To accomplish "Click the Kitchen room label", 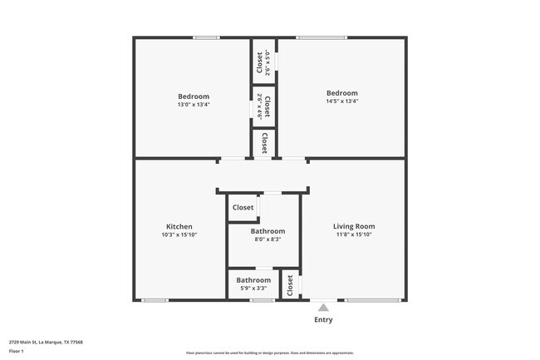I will (179, 226).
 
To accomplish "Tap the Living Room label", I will (354, 226).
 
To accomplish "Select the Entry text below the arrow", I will (323, 319).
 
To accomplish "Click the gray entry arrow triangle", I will (323, 307).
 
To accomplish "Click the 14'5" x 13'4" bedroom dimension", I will (341, 101).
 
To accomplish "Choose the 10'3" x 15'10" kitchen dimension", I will (179, 234).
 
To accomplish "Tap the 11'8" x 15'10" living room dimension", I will (354, 234).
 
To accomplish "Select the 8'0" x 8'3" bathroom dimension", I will (268, 239).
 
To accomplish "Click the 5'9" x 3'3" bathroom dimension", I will (253, 288).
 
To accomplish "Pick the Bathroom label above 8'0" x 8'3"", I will (268, 231).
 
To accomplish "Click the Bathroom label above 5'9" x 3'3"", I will (253, 280).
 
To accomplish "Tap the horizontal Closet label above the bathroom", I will (243, 208).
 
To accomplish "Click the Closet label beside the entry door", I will (290, 286).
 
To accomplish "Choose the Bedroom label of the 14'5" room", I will (341, 93).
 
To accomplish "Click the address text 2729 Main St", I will (46, 342).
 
